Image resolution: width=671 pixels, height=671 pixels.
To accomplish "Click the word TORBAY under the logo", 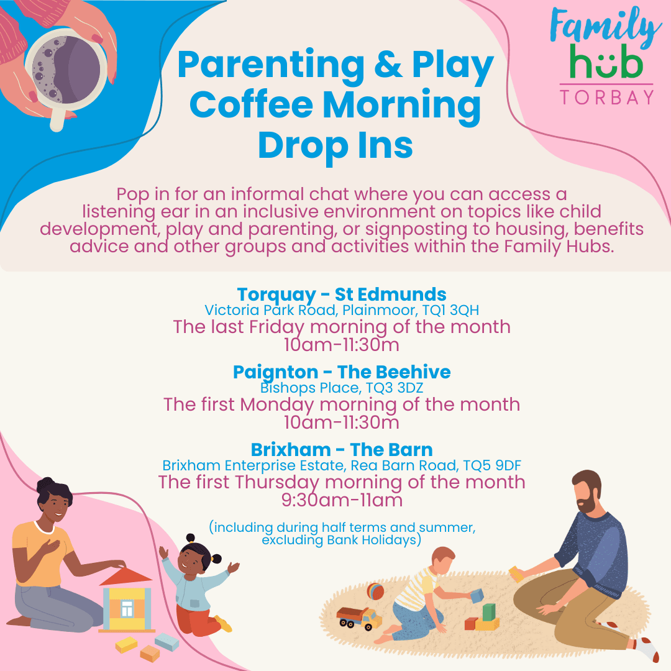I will [x=606, y=98].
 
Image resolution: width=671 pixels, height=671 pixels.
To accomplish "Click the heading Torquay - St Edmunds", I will [x=341, y=294].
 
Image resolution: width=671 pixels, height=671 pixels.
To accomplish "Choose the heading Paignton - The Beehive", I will [x=342, y=372].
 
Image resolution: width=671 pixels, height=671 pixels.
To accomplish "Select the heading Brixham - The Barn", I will [x=342, y=449].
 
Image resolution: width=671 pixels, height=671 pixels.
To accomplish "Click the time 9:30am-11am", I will [x=342, y=500].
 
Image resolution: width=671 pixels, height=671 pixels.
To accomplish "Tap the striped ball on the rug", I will [x=375, y=591].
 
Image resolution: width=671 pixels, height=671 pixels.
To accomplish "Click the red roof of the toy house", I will [x=126, y=577].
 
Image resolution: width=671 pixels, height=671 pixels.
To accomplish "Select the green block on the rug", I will [x=489, y=612].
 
